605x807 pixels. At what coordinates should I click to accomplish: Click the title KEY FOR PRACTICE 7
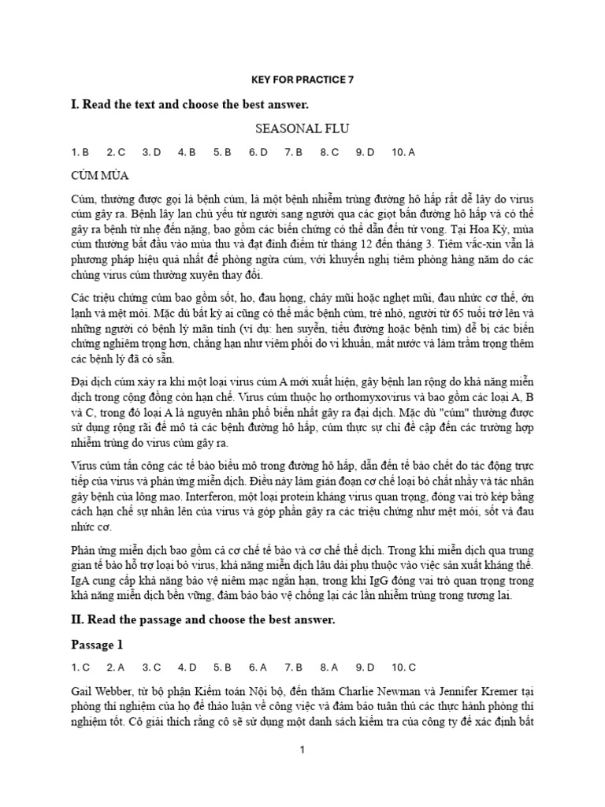coord(302,80)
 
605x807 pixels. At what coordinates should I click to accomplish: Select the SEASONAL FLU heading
coord(302,128)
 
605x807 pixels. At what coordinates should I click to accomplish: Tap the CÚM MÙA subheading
coord(99,173)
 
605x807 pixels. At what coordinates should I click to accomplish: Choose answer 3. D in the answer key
coord(151,151)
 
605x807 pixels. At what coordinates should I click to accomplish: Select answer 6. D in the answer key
coord(258,151)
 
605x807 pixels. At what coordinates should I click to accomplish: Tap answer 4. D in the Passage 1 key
coord(187,668)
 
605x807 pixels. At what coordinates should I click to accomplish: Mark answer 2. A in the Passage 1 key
coord(116,668)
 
